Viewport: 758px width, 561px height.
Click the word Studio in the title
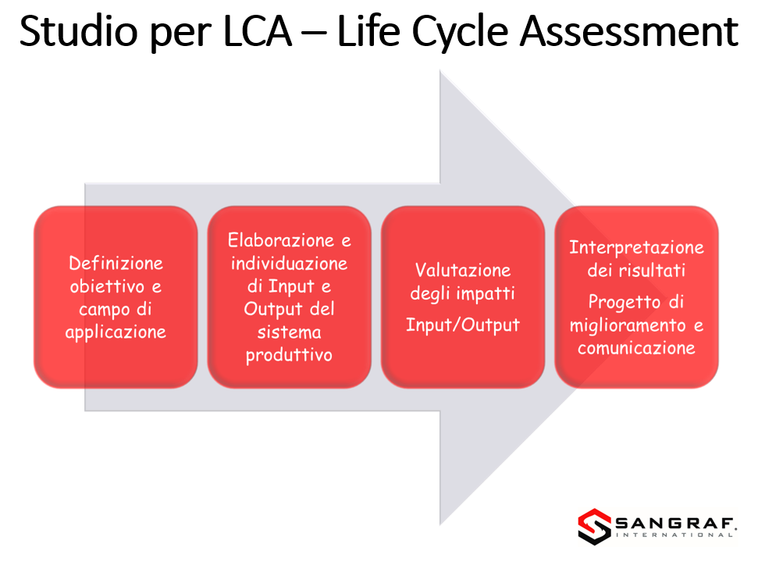coord(78,31)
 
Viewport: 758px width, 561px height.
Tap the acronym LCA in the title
coord(258,31)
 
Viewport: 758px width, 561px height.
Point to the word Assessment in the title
coord(628,31)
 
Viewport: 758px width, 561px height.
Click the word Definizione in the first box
coord(116,264)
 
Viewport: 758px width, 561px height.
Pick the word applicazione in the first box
coord(116,332)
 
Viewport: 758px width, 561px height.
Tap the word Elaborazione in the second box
coord(281,240)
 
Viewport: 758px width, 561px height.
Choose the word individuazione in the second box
coord(289,264)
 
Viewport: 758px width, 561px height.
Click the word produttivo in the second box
coord(289,356)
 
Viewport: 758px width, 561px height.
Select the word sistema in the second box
coord(289,332)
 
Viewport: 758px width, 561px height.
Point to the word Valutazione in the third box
coord(463,270)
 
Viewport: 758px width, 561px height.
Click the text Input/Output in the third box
coord(463,325)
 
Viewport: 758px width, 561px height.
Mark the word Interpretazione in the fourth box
coord(636,248)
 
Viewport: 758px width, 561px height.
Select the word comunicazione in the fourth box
coord(636,348)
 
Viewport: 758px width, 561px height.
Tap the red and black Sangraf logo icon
coord(594,526)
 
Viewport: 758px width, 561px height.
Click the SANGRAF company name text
coord(675,524)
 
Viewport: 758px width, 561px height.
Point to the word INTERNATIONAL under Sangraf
coord(674,535)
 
